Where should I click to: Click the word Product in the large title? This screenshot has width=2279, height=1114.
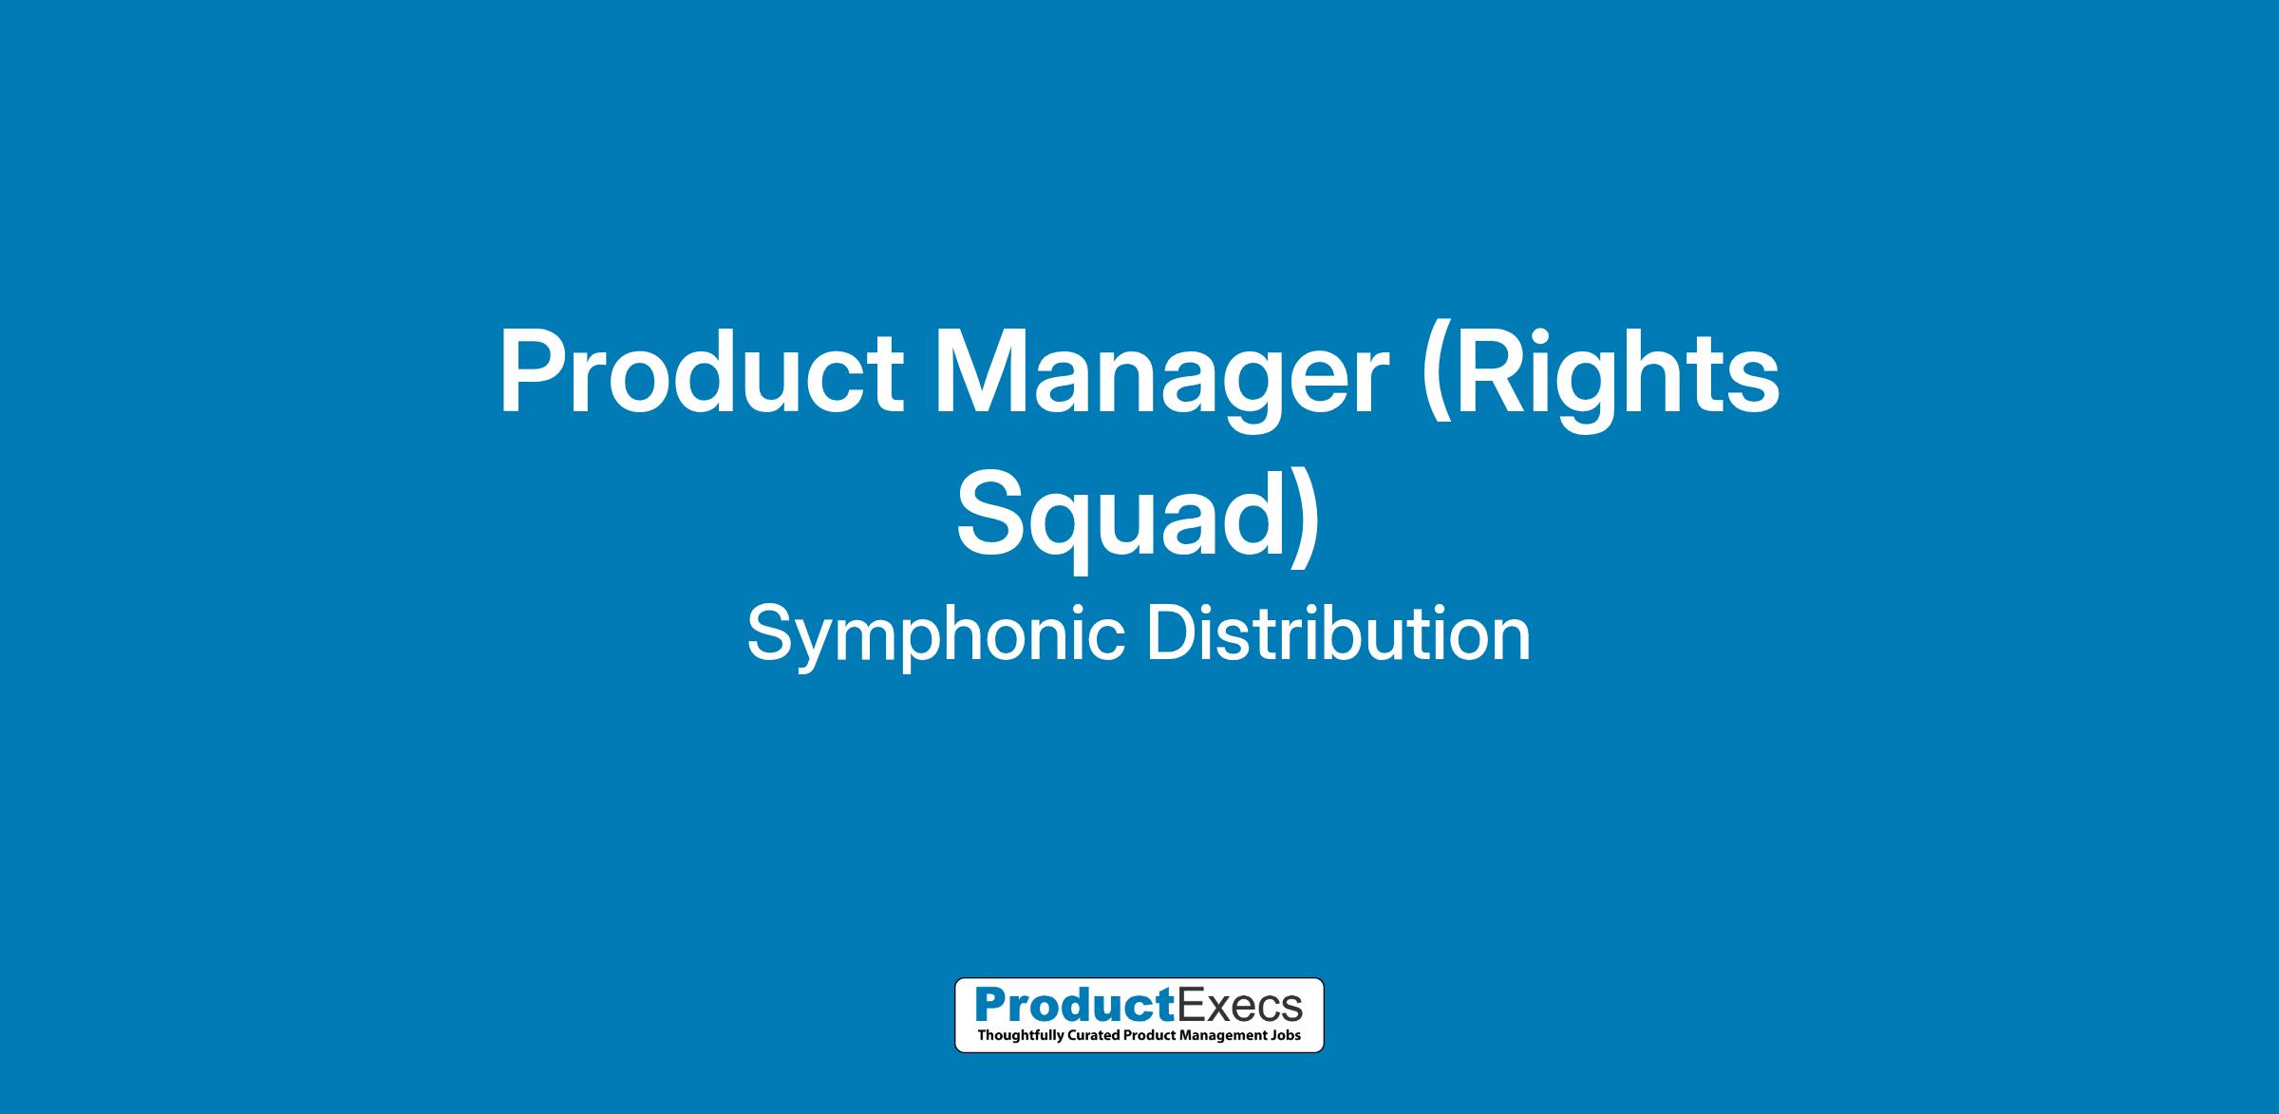point(701,372)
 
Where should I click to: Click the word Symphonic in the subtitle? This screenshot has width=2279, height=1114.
point(936,635)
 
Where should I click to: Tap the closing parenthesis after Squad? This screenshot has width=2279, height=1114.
point(1305,519)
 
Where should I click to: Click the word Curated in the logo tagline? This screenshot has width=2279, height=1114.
point(1092,1035)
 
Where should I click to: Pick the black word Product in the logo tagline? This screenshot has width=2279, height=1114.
point(1147,1035)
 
